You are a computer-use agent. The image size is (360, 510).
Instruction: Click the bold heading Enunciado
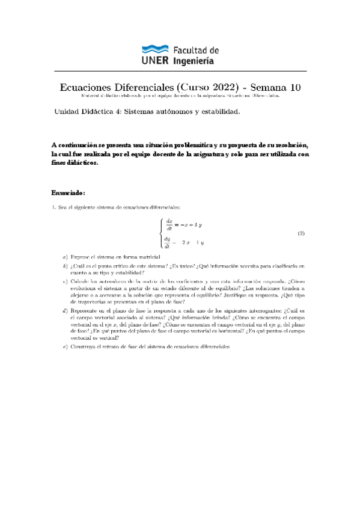69,192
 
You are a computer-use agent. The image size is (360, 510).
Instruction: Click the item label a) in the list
65,256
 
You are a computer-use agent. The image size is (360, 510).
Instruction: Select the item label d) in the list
65,310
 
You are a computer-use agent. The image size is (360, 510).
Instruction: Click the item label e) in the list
65,347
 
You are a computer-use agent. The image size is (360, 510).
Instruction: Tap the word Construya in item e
84,347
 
